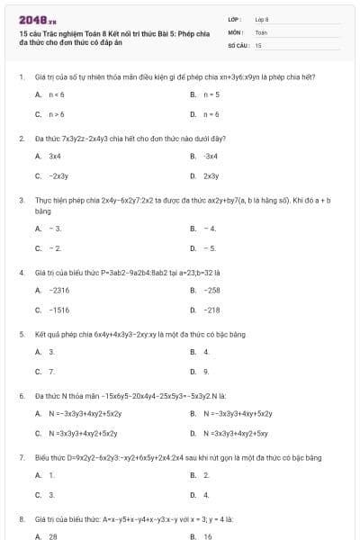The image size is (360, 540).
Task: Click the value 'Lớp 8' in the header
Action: pyautogui.click(x=262, y=18)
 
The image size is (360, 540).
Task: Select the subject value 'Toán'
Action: pyautogui.click(x=261, y=31)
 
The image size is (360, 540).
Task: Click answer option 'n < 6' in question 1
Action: pyautogui.click(x=56, y=94)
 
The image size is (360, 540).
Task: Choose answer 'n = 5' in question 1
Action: pyautogui.click(x=211, y=94)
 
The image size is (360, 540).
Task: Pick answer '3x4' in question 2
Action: pyautogui.click(x=55, y=156)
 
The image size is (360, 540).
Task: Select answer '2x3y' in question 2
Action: pyautogui.click(x=211, y=176)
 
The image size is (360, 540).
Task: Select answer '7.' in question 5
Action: pyautogui.click(x=52, y=371)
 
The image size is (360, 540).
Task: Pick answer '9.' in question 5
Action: pyautogui.click(x=207, y=371)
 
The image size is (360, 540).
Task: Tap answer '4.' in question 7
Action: pyautogui.click(x=207, y=494)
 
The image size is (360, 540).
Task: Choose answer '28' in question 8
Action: pyautogui.click(x=53, y=535)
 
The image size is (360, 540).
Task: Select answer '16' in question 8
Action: pyautogui.click(x=208, y=535)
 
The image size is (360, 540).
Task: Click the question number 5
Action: pyautogui.click(x=21, y=334)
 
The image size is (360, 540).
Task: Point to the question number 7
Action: pyautogui.click(x=21, y=457)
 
